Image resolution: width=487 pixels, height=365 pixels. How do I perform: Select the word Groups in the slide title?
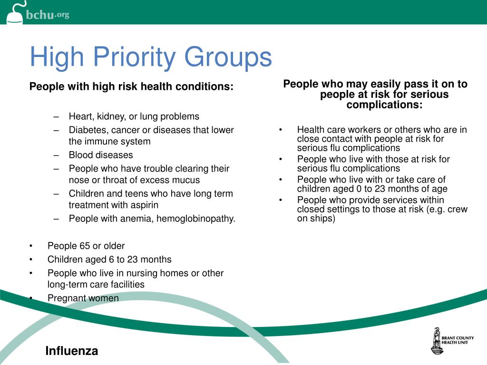click(x=228, y=58)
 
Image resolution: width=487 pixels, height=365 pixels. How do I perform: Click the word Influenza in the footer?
click(x=72, y=351)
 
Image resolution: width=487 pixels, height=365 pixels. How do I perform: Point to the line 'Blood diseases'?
click(x=101, y=155)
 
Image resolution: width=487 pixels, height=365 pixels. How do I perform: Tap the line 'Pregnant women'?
click(x=83, y=298)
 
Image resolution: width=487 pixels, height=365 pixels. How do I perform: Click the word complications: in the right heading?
click(x=384, y=105)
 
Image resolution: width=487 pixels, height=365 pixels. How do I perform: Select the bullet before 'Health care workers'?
click(x=281, y=130)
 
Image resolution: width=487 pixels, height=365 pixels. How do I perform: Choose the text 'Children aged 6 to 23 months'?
click(x=109, y=259)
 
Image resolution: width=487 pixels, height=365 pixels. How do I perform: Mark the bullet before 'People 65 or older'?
click(x=31, y=246)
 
